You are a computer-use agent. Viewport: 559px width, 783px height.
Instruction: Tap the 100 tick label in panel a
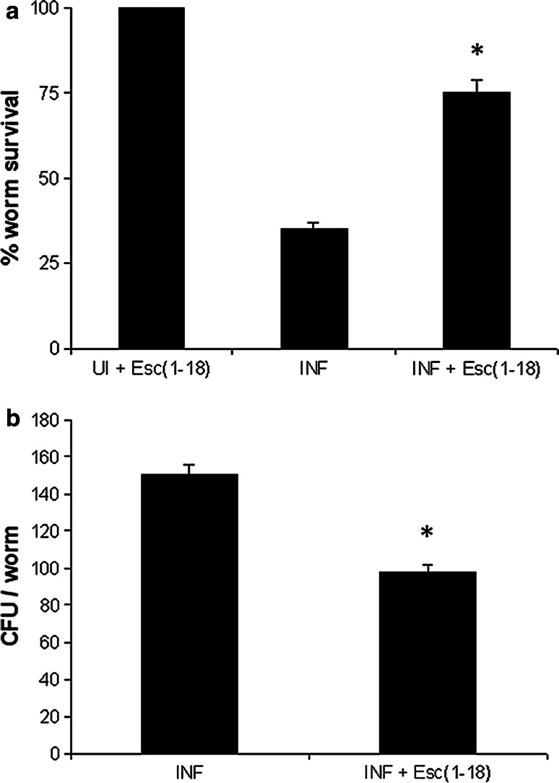point(45,9)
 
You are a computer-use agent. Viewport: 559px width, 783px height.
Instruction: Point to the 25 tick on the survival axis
point(48,263)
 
